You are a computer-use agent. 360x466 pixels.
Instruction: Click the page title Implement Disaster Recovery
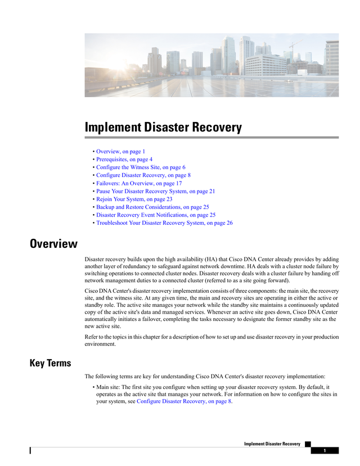pyautogui.click(x=163, y=128)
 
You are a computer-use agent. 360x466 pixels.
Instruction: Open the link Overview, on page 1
pyautogui.click(x=120, y=152)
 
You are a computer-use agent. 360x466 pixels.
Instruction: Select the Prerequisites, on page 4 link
pyautogui.click(x=124, y=160)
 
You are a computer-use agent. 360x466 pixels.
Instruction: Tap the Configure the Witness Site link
pyautogui.click(x=141, y=168)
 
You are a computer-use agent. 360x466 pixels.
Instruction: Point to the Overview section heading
pyautogui.click(x=53, y=244)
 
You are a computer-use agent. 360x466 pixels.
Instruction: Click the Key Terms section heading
pyautogui.click(x=51, y=363)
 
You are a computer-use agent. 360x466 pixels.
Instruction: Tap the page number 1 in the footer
pyautogui.click(x=325, y=451)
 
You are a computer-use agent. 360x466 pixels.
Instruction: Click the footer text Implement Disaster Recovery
pyautogui.click(x=272, y=444)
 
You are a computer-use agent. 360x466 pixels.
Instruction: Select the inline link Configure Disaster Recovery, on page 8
pyautogui.click(x=184, y=402)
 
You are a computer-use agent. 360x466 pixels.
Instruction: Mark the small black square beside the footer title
pyautogui.click(x=308, y=444)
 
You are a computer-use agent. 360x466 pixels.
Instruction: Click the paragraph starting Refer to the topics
pyautogui.click(x=211, y=341)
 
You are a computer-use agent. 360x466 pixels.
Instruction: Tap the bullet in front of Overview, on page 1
pyautogui.click(x=93, y=152)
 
